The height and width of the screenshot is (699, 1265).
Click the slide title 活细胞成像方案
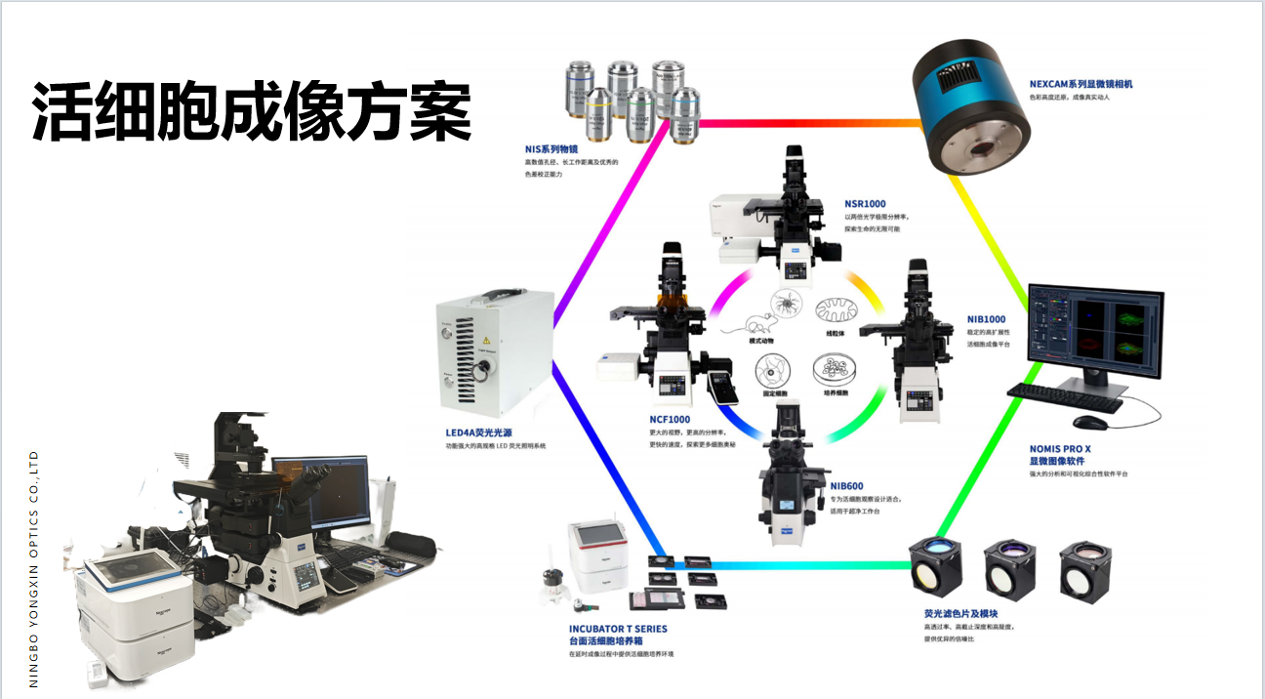[x=252, y=109]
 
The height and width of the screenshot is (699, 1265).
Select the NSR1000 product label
[x=865, y=204]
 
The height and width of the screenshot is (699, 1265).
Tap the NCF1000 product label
[x=670, y=419]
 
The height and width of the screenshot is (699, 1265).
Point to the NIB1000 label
[x=986, y=319]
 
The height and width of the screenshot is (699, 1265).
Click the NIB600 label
[x=846, y=486]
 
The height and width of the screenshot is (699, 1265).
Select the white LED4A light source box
[x=495, y=356]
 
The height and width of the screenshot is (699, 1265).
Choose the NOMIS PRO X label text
[x=1060, y=449]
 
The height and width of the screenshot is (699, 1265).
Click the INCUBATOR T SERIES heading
[x=618, y=629]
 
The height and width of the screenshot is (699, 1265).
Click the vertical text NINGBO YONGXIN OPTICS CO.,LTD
[x=34, y=568]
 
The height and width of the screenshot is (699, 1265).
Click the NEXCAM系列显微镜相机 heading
[x=1081, y=84]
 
